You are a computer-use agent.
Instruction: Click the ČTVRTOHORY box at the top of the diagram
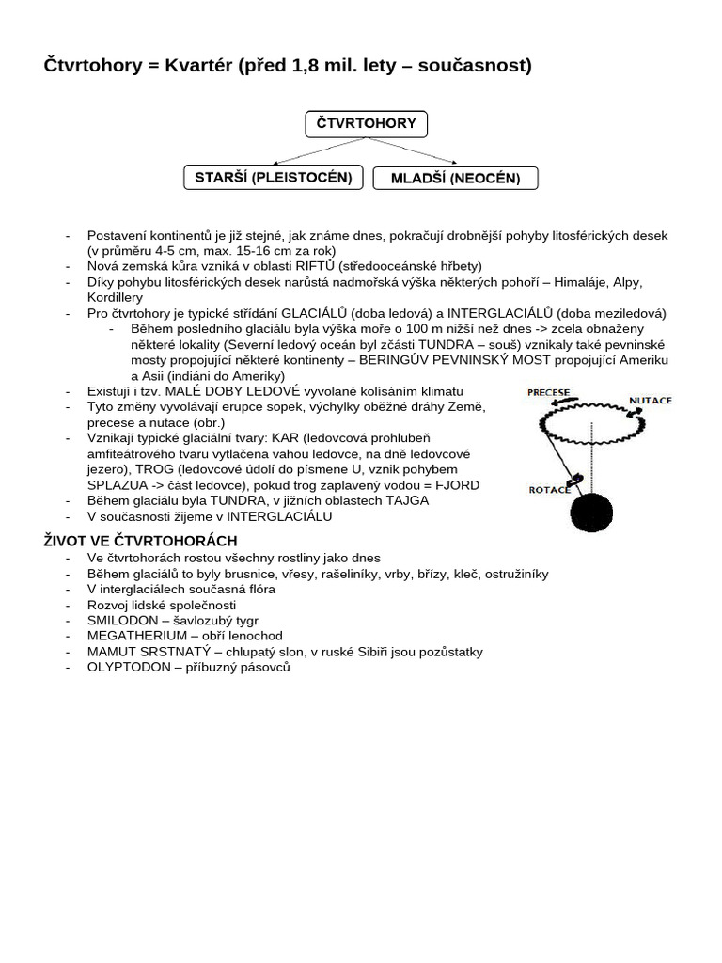pos(367,124)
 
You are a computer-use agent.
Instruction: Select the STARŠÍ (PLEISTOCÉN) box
pos(273,177)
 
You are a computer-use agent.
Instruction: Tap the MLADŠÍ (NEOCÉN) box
pos(455,178)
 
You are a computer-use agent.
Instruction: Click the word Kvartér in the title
pos(199,65)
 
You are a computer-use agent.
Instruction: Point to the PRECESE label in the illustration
pos(548,392)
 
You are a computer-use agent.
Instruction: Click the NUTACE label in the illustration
pos(651,401)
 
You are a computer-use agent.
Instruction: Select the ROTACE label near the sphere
pos(549,489)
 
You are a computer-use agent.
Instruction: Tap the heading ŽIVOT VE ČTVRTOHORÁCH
pos(141,541)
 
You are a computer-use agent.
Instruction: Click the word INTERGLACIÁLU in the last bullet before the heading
pos(279,516)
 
